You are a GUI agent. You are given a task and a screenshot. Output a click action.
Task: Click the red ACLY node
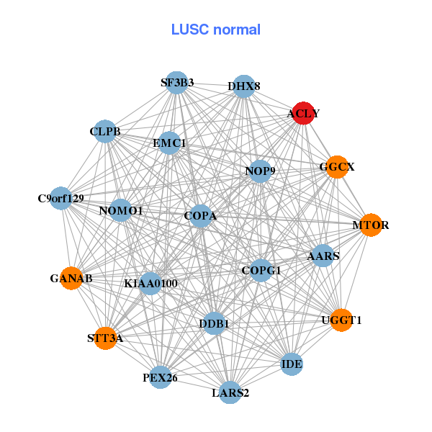pyautogui.click(x=304, y=113)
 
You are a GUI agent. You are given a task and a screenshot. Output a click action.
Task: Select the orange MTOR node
pyautogui.click(x=370, y=225)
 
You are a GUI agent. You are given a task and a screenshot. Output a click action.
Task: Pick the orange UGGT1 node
pyautogui.click(x=341, y=320)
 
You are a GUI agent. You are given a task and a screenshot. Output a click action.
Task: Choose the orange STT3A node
pyautogui.click(x=105, y=338)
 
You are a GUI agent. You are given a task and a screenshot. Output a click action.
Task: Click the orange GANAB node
pyautogui.click(x=71, y=278)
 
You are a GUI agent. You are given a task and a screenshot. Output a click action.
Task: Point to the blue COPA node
pyautogui.click(x=200, y=215)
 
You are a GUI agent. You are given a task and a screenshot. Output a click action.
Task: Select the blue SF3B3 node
pyautogui.click(x=177, y=82)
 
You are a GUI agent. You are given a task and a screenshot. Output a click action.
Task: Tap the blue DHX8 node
pyautogui.click(x=244, y=86)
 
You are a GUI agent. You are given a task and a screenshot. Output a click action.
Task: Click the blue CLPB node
pyautogui.click(x=105, y=131)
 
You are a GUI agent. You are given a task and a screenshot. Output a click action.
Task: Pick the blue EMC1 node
pyautogui.click(x=169, y=143)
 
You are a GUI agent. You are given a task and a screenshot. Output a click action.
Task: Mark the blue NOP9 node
pyautogui.click(x=260, y=171)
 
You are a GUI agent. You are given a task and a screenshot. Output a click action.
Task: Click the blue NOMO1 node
pyautogui.click(x=121, y=210)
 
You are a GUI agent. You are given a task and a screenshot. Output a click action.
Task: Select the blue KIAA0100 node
pyautogui.click(x=150, y=284)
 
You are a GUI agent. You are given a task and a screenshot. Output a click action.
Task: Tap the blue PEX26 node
pyautogui.click(x=160, y=377)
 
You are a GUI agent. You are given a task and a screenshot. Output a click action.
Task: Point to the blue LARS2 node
pyautogui.click(x=230, y=392)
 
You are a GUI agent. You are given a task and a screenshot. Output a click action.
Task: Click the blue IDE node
pyautogui.click(x=292, y=364)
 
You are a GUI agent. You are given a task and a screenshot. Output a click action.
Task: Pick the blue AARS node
pyautogui.click(x=323, y=256)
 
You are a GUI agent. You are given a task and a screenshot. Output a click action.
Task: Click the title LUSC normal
pyautogui.click(x=215, y=30)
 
